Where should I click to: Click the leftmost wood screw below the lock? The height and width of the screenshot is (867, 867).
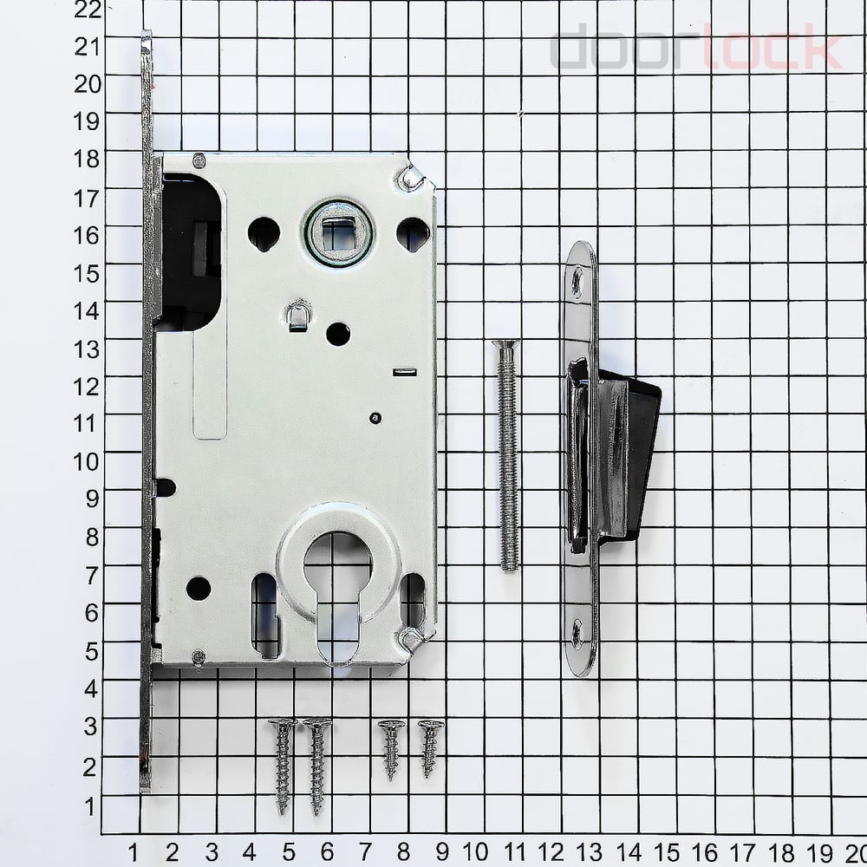[283, 766]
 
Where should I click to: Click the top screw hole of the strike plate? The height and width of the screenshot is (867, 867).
[577, 280]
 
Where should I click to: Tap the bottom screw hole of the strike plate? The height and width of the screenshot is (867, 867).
[577, 633]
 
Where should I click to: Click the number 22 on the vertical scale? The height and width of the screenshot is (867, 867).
[88, 9]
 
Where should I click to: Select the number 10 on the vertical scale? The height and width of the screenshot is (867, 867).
[87, 461]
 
